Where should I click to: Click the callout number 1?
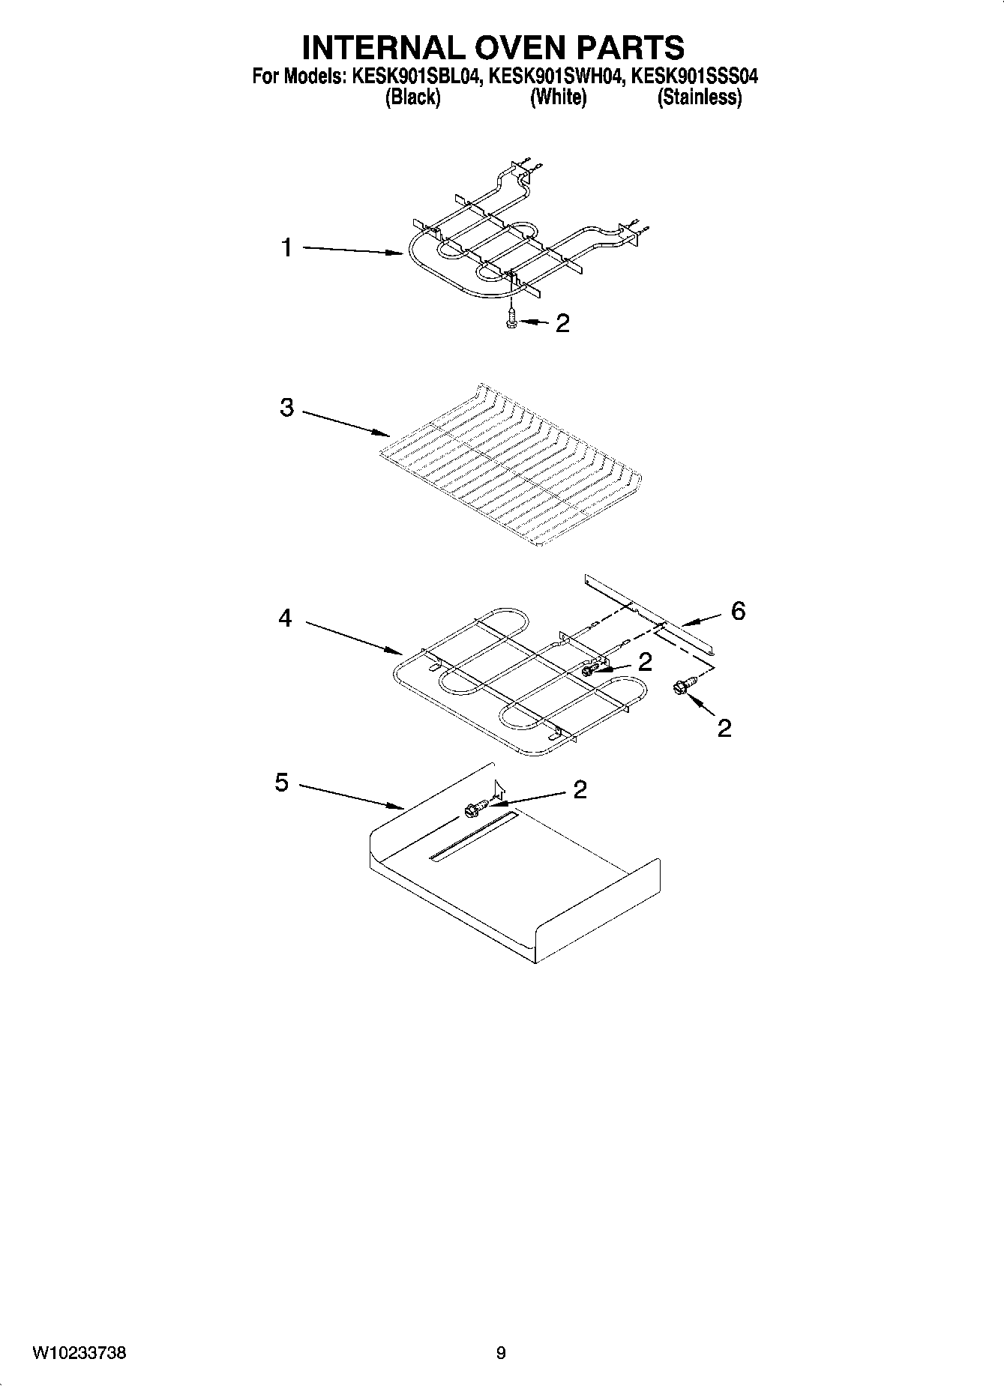tap(286, 247)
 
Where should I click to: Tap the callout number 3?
tap(286, 409)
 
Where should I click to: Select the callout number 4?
tap(285, 619)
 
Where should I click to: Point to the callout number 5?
tap(281, 783)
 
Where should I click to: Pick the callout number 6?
tap(738, 612)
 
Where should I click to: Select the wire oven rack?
tap(510, 468)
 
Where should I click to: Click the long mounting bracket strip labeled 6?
tap(649, 613)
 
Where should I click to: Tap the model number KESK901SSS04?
tap(695, 76)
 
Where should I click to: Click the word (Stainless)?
tap(699, 97)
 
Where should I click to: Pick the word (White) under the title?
tap(558, 97)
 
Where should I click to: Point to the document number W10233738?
tap(79, 1353)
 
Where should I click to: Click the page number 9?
tap(501, 1353)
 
